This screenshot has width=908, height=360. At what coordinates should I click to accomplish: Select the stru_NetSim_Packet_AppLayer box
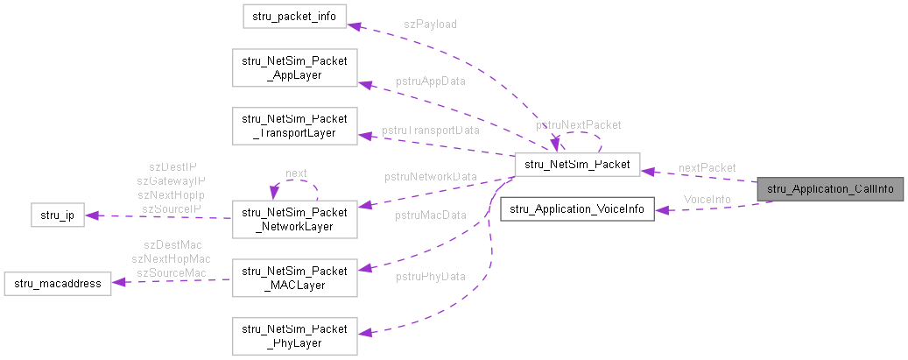coord(293,68)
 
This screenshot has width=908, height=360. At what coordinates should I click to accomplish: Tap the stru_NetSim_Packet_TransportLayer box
coord(293,125)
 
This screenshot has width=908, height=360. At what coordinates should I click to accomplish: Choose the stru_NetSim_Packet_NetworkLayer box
coord(293,217)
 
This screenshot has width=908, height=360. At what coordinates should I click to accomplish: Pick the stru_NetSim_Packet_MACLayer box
coord(293,276)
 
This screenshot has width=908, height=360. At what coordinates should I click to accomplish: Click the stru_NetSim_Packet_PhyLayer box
coord(293,335)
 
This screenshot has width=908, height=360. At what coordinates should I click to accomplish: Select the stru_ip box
coord(57,215)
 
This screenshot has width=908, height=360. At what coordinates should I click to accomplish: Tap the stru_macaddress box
coord(57,283)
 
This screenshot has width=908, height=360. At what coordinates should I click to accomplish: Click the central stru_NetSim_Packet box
coord(577,163)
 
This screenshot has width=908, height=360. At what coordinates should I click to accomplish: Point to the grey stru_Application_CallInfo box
coord(829,188)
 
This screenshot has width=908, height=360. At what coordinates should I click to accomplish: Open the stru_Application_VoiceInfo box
coord(577,209)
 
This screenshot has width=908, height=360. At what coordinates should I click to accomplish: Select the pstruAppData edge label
coord(430,81)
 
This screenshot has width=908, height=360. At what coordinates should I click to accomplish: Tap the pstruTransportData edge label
coord(431,131)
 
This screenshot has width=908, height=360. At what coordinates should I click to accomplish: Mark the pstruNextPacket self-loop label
coord(579,125)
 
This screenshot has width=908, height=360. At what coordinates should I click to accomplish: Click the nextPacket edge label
coord(707,167)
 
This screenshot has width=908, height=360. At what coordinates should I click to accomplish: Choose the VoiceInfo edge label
coord(707,200)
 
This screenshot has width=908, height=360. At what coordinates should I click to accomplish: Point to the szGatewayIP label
coord(172,180)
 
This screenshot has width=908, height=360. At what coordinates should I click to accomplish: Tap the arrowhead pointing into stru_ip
coord(90,215)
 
